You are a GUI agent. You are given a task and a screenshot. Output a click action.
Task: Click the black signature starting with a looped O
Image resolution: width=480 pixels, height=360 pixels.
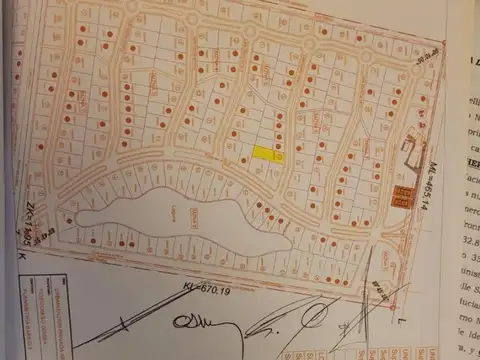[x=190, y=322]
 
